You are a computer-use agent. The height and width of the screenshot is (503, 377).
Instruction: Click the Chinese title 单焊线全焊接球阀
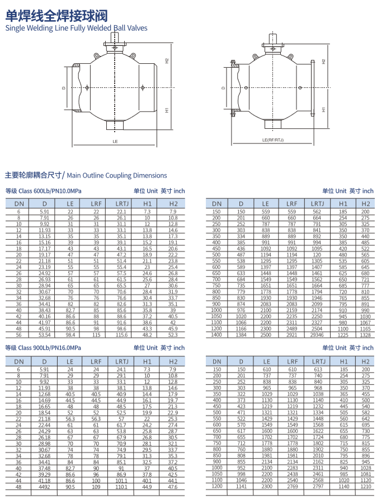tap(56, 15)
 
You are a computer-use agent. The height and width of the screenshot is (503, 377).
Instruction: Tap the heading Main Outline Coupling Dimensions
tap(117, 175)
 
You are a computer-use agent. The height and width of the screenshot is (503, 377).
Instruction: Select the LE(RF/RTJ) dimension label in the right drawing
tap(273, 140)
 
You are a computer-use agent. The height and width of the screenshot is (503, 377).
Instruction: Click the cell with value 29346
tap(317, 335)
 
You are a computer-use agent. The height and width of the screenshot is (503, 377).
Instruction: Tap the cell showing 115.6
tap(121, 335)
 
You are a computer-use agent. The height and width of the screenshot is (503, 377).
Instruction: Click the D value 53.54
tap(44, 335)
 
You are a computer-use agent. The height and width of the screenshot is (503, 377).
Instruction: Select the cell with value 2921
tap(291, 335)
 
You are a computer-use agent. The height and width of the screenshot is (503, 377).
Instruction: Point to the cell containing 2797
tap(318, 486)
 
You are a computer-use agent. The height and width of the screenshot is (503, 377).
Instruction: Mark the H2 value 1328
tap(365, 335)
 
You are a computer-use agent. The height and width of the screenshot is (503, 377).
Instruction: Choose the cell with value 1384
tap(241, 335)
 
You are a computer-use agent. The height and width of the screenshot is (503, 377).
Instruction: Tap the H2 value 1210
tap(366, 486)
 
